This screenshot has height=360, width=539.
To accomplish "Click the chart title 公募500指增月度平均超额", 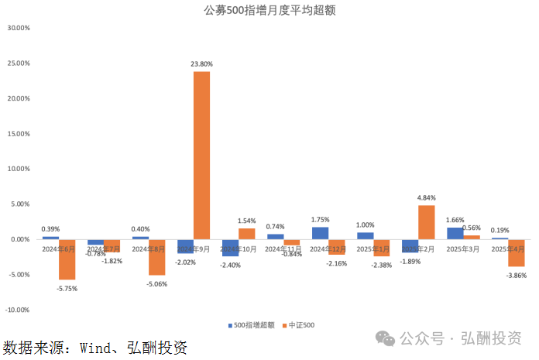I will coord(269,11).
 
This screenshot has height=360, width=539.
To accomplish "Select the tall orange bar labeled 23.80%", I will coord(201,155).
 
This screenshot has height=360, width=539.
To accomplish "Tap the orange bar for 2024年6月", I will coord(67,259).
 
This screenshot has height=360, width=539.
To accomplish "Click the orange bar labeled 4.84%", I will coord(426,222).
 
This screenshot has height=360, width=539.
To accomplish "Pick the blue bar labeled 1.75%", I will coord(320,233).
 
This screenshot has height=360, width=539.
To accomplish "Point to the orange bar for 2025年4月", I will coord(517,252).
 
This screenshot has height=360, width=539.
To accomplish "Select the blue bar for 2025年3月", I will coord(455,233).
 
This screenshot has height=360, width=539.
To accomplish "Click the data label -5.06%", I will coord(157,283).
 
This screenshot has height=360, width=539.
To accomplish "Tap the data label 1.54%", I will coord(246,221).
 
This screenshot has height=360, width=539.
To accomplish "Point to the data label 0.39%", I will coord(50,229).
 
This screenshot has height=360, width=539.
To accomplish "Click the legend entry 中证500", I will coord(300,325).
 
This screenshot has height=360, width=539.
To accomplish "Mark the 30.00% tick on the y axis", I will coord(18,28).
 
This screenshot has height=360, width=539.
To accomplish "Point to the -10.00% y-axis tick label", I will coord(17,310).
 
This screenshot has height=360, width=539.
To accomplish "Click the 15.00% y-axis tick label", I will coord(18,133).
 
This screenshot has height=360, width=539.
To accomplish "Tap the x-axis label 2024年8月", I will coord(149,249).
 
